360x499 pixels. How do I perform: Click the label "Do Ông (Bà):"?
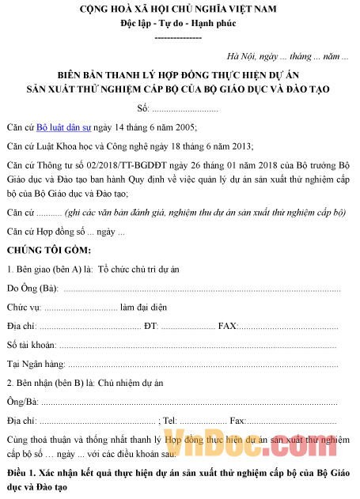(x=32, y=289)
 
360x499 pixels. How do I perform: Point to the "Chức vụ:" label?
(x=23, y=308)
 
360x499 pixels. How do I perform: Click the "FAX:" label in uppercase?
(x=227, y=327)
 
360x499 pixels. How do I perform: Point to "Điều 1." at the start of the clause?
(x=21, y=473)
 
